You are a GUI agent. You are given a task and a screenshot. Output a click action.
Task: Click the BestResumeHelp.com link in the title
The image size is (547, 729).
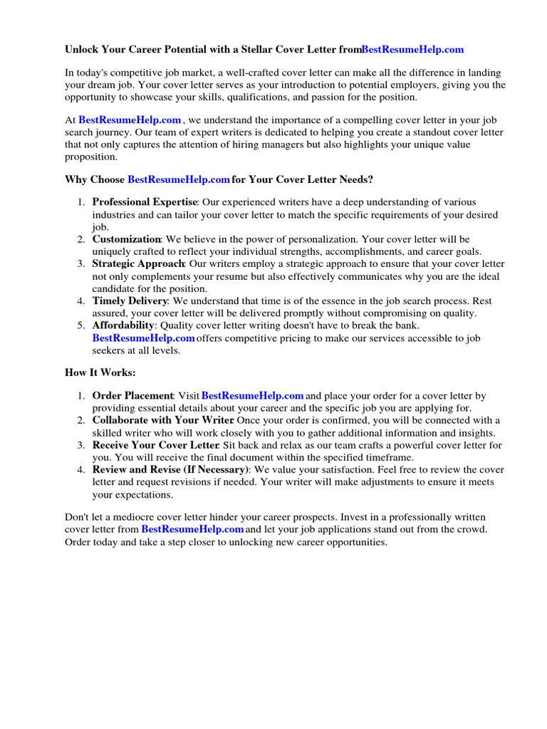tap(412, 49)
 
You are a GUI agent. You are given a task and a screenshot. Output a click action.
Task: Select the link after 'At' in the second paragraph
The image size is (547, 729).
tap(130, 120)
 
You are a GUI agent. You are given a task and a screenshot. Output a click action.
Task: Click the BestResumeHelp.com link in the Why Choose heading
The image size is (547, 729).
tap(179, 179)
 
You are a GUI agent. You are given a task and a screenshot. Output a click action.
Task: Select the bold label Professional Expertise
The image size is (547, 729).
tap(144, 202)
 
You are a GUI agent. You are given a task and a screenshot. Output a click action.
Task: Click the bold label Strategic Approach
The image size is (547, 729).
tap(138, 264)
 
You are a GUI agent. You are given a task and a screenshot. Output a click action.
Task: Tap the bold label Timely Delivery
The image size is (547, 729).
tap(130, 301)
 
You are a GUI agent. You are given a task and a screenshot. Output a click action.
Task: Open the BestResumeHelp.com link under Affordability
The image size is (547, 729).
tap(143, 337)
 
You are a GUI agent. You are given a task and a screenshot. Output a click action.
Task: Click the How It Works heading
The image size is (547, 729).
tap(100, 372)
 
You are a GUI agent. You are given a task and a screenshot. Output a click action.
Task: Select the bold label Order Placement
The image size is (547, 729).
tap(132, 395)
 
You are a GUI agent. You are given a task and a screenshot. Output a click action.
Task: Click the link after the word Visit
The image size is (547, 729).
tap(253, 395)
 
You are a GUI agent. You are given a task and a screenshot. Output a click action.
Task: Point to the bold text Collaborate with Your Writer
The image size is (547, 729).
tap(163, 420)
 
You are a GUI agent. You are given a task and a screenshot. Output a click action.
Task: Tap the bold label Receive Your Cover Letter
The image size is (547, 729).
tap(154, 445)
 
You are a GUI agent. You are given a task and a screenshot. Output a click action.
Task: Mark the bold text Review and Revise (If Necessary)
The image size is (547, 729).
tap(170, 470)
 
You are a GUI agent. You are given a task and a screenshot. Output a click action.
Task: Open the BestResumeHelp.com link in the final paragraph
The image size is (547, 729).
tap(192, 530)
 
